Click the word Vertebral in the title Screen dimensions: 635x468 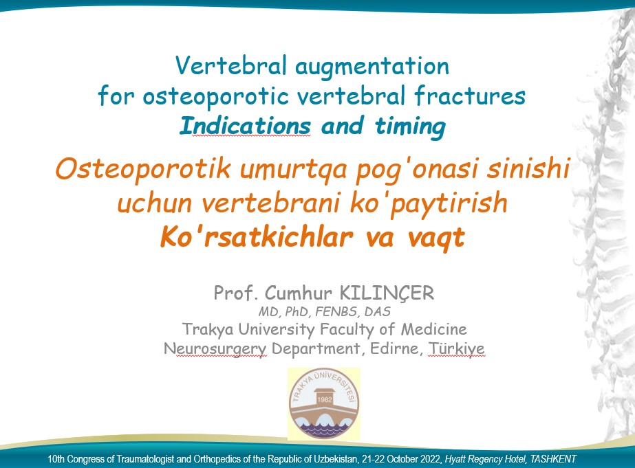click(231, 65)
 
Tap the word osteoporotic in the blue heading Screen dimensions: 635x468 click(215, 96)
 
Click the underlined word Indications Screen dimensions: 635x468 click(246, 125)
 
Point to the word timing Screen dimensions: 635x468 click(410, 126)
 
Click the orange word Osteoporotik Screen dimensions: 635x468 click(143, 168)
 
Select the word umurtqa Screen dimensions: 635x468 click(294, 170)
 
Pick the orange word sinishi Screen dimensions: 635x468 click(528, 168)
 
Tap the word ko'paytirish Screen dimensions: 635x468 click(429, 203)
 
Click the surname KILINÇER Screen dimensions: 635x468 click(387, 293)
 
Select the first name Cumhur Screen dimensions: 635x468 click(299, 293)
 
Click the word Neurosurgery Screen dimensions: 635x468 click(215, 348)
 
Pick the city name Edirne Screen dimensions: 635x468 click(394, 348)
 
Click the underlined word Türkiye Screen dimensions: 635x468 click(456, 348)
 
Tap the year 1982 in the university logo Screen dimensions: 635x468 click(325, 399)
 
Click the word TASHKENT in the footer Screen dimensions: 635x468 click(553, 459)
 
